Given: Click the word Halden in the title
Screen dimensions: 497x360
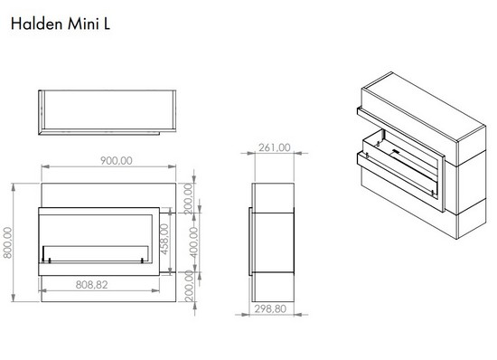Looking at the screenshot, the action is click(x=36, y=24).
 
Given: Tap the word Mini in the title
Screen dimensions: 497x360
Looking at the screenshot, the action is click(x=84, y=24).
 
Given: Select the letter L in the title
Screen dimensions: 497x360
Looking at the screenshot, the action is click(x=107, y=24).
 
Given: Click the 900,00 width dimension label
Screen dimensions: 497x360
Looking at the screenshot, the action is click(x=117, y=160).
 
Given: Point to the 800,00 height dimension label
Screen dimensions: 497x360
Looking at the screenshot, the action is click(x=7, y=242).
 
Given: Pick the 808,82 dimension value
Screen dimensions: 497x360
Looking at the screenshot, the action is click(x=91, y=285).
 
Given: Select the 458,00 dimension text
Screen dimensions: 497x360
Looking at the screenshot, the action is click(x=164, y=239).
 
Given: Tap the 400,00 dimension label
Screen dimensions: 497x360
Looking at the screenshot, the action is click(x=193, y=242).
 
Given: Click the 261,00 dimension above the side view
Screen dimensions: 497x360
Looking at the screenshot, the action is click(x=275, y=147).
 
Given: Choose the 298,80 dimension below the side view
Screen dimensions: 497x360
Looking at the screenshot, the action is click(x=270, y=308).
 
